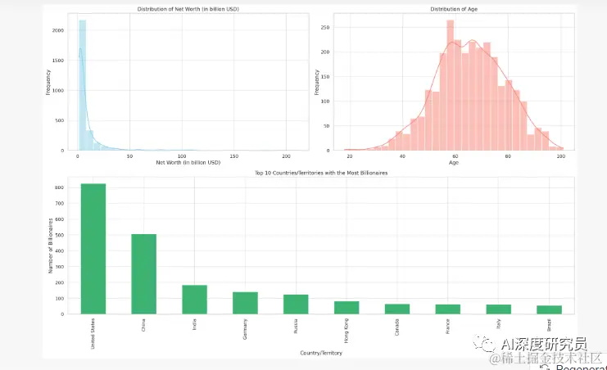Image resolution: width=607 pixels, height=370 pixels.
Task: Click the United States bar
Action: [x=93, y=248]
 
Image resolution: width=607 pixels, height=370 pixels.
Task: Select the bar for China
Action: [x=143, y=273]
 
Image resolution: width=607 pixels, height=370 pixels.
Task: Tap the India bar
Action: [x=194, y=299]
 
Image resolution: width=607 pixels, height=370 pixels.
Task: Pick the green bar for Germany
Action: [x=245, y=303]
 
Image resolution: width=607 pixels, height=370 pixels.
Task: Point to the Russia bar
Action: [x=296, y=304]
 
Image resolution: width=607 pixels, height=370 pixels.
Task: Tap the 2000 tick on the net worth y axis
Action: [x=57, y=30]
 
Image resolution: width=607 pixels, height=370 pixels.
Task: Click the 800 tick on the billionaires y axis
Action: [x=61, y=187]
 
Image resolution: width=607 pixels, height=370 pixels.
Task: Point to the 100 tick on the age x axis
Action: [x=560, y=156]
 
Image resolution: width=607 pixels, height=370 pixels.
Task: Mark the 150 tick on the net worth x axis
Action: [x=234, y=156]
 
